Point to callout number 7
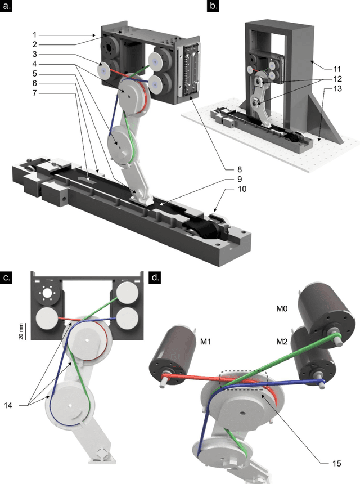point(34,93)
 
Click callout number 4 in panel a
point(34,64)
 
